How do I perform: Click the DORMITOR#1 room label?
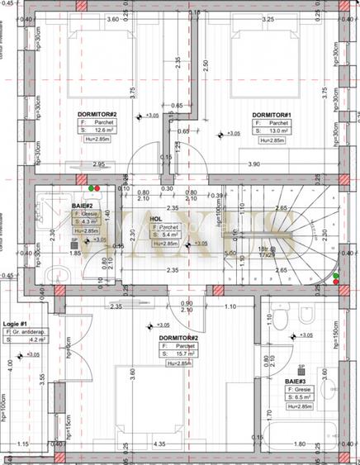pos(271,115)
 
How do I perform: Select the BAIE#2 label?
pos(82,204)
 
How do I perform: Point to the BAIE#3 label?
pos(295,382)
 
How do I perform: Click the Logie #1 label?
pos(16,324)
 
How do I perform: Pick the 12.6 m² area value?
pos(104,130)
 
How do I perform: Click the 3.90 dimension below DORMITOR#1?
pos(277,164)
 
